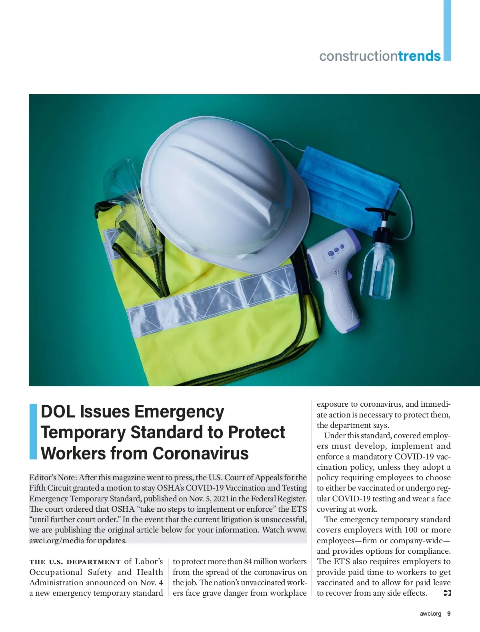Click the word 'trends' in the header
click(419, 56)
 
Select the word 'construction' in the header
click(358, 56)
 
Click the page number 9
click(449, 614)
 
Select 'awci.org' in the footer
click(430, 614)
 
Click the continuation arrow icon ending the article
click(448, 593)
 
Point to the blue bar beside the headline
click(33, 431)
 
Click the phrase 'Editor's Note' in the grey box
click(53, 477)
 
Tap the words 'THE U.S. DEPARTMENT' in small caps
click(75, 562)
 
